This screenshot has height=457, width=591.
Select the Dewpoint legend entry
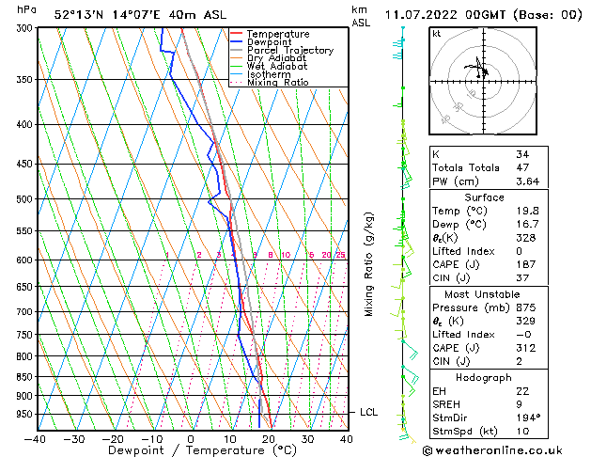271,42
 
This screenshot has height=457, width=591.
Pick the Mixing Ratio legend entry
277,83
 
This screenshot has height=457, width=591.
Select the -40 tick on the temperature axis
36,438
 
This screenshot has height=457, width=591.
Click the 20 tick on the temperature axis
269,438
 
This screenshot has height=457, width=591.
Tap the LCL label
369,412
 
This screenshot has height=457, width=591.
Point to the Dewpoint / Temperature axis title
191,450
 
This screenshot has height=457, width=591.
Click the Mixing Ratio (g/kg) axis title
369,264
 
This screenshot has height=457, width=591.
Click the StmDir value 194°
527,418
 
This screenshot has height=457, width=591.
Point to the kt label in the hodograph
436,33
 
